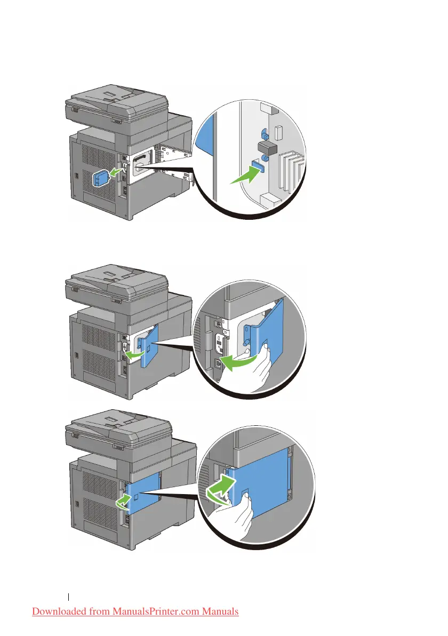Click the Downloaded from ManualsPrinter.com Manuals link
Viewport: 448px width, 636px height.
coord(135,611)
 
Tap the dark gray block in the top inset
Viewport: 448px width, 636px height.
coord(265,147)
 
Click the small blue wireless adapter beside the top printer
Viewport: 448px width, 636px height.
coord(100,179)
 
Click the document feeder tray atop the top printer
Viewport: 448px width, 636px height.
coord(116,102)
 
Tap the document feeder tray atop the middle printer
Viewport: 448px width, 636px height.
coord(116,279)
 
